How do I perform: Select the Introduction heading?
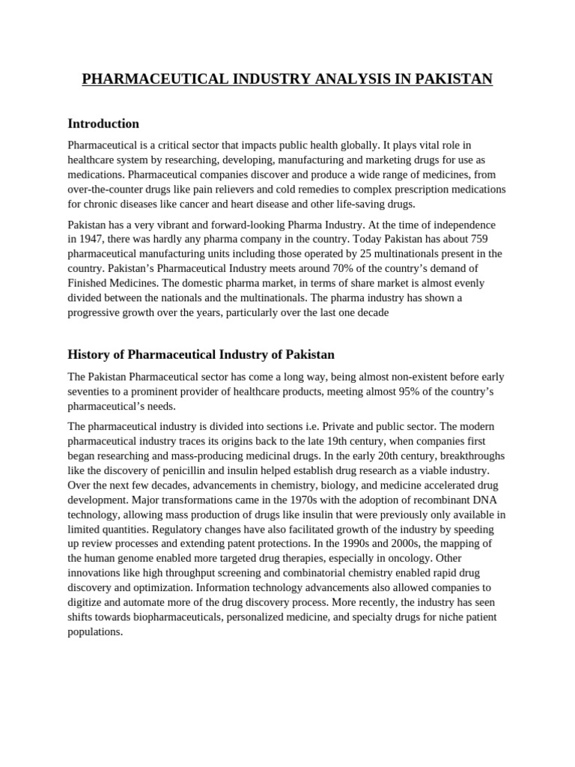click(103, 124)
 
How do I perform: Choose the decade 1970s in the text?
click(300, 500)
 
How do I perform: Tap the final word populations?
click(95, 631)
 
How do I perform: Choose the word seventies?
click(91, 392)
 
